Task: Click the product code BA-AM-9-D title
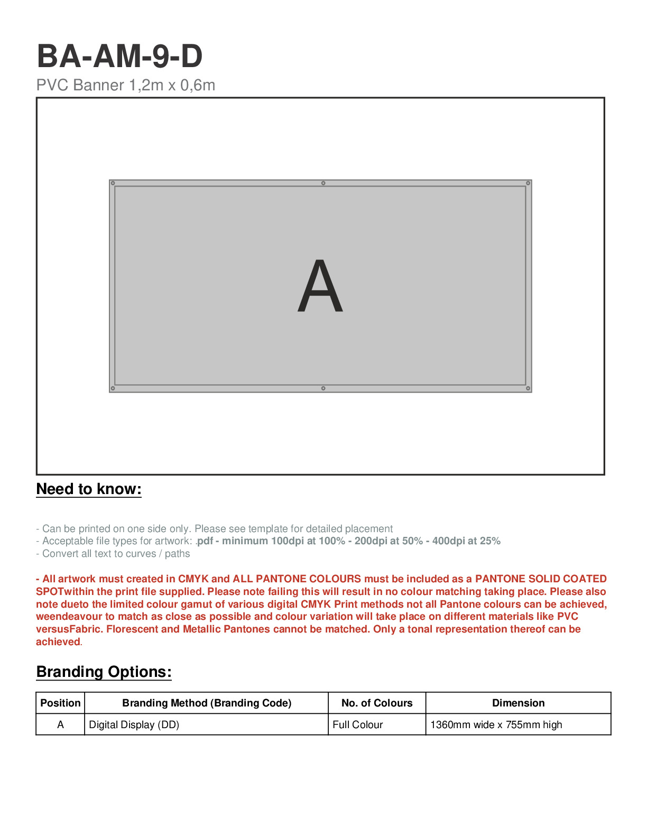[x=119, y=56]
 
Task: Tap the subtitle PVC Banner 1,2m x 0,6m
[x=126, y=85]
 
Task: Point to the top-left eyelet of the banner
[x=113, y=183]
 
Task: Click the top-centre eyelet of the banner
[x=323, y=183]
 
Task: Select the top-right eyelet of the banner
[x=528, y=183]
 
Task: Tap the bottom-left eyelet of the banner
[x=113, y=388]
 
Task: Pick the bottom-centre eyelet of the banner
[x=323, y=388]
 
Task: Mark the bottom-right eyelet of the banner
[x=528, y=388]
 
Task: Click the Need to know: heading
[x=89, y=489]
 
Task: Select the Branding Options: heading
[x=104, y=672]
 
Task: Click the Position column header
[x=60, y=703]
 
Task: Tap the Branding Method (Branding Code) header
[x=207, y=703]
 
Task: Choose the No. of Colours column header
[x=377, y=703]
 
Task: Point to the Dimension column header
[x=518, y=703]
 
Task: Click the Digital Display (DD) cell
[x=134, y=724]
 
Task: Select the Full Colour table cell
[x=358, y=724]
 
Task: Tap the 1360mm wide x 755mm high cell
[x=496, y=724]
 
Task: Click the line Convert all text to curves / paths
[x=113, y=554]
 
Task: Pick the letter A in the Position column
[x=60, y=724]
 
